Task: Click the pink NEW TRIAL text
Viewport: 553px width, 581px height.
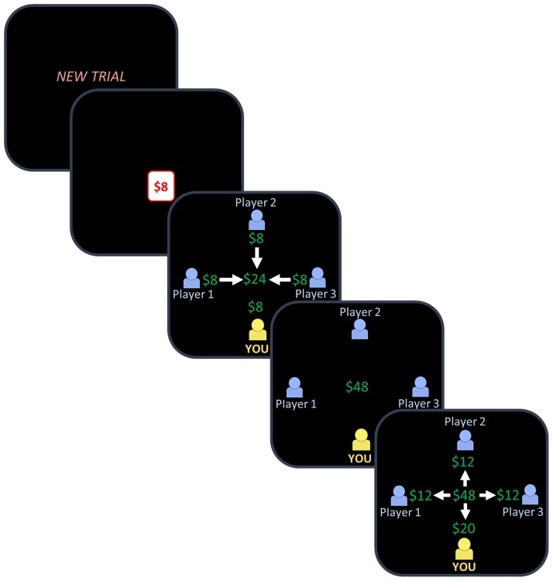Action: (x=91, y=77)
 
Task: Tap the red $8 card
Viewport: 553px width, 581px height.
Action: (x=161, y=186)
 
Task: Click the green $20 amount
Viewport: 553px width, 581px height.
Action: (x=465, y=528)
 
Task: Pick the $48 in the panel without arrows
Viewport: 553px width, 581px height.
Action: (x=358, y=386)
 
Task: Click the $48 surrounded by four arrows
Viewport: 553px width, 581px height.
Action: (x=465, y=494)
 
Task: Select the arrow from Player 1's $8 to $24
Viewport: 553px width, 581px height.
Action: (x=230, y=278)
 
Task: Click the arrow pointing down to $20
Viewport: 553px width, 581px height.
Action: (x=465, y=511)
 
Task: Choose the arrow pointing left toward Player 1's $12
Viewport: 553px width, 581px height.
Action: (x=441, y=494)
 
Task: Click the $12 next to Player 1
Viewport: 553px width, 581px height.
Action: (x=421, y=494)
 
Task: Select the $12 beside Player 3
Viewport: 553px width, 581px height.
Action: (x=509, y=494)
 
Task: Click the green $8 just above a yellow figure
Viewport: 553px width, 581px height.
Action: (x=255, y=307)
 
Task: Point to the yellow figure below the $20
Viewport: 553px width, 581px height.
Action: (x=465, y=551)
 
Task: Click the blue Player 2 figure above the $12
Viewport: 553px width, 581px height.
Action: (x=465, y=441)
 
